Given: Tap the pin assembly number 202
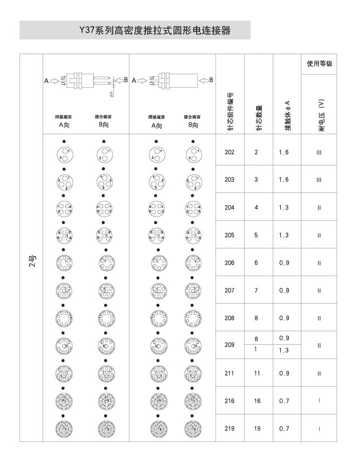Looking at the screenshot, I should point(230,152).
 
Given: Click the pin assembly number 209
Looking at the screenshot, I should point(230,345).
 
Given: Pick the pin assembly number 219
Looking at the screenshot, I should point(230,428).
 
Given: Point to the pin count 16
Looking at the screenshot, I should point(256,401).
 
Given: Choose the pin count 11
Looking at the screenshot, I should point(256,373).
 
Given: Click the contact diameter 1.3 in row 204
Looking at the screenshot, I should point(284,207).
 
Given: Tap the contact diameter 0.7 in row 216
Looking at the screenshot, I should point(284,401).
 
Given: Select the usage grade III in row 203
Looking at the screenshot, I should point(319,180).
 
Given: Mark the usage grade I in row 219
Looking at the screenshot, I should point(319,428).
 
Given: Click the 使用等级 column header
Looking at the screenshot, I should point(319,65).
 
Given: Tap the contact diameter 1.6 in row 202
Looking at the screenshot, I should point(284,152).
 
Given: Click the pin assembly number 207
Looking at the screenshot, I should point(230,290).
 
